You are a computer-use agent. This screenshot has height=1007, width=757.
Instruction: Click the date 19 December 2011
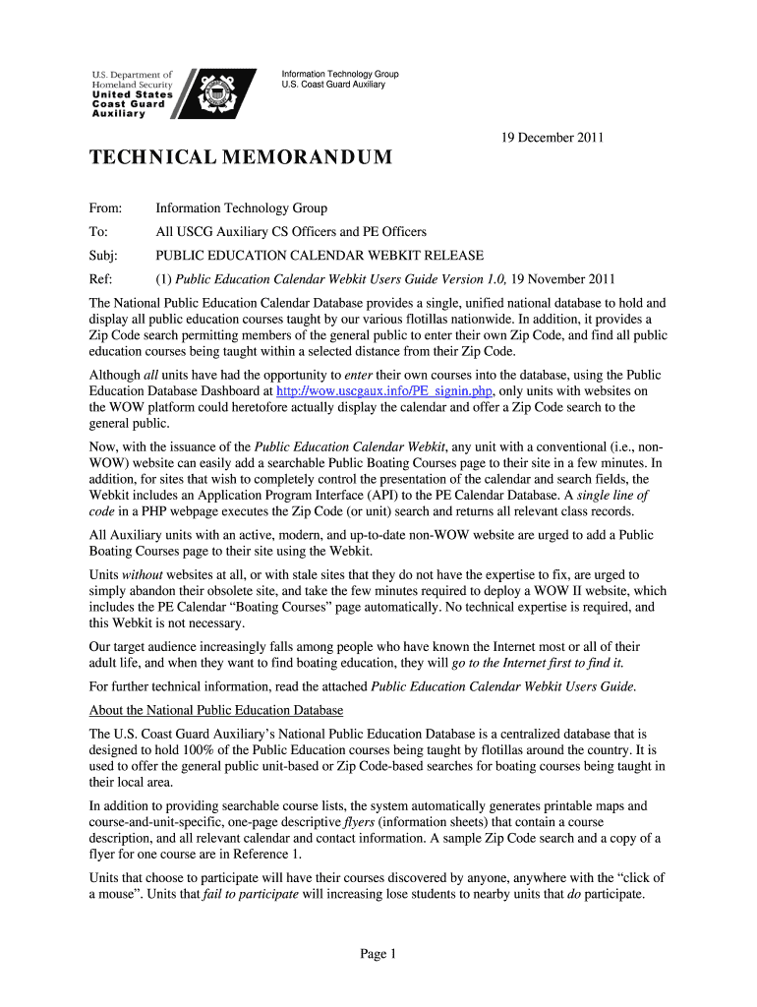pos(550,139)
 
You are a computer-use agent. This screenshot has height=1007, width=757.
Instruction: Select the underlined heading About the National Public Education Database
pos(216,710)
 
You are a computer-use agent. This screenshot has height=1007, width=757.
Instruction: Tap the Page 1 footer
pos(378,954)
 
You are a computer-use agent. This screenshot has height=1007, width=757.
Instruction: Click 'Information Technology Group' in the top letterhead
pos(339,75)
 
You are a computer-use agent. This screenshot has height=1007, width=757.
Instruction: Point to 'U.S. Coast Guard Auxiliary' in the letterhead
pos(332,86)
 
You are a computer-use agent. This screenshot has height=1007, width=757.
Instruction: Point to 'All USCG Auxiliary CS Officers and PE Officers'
pos(291,232)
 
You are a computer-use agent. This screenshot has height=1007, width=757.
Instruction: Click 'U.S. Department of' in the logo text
pos(132,75)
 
